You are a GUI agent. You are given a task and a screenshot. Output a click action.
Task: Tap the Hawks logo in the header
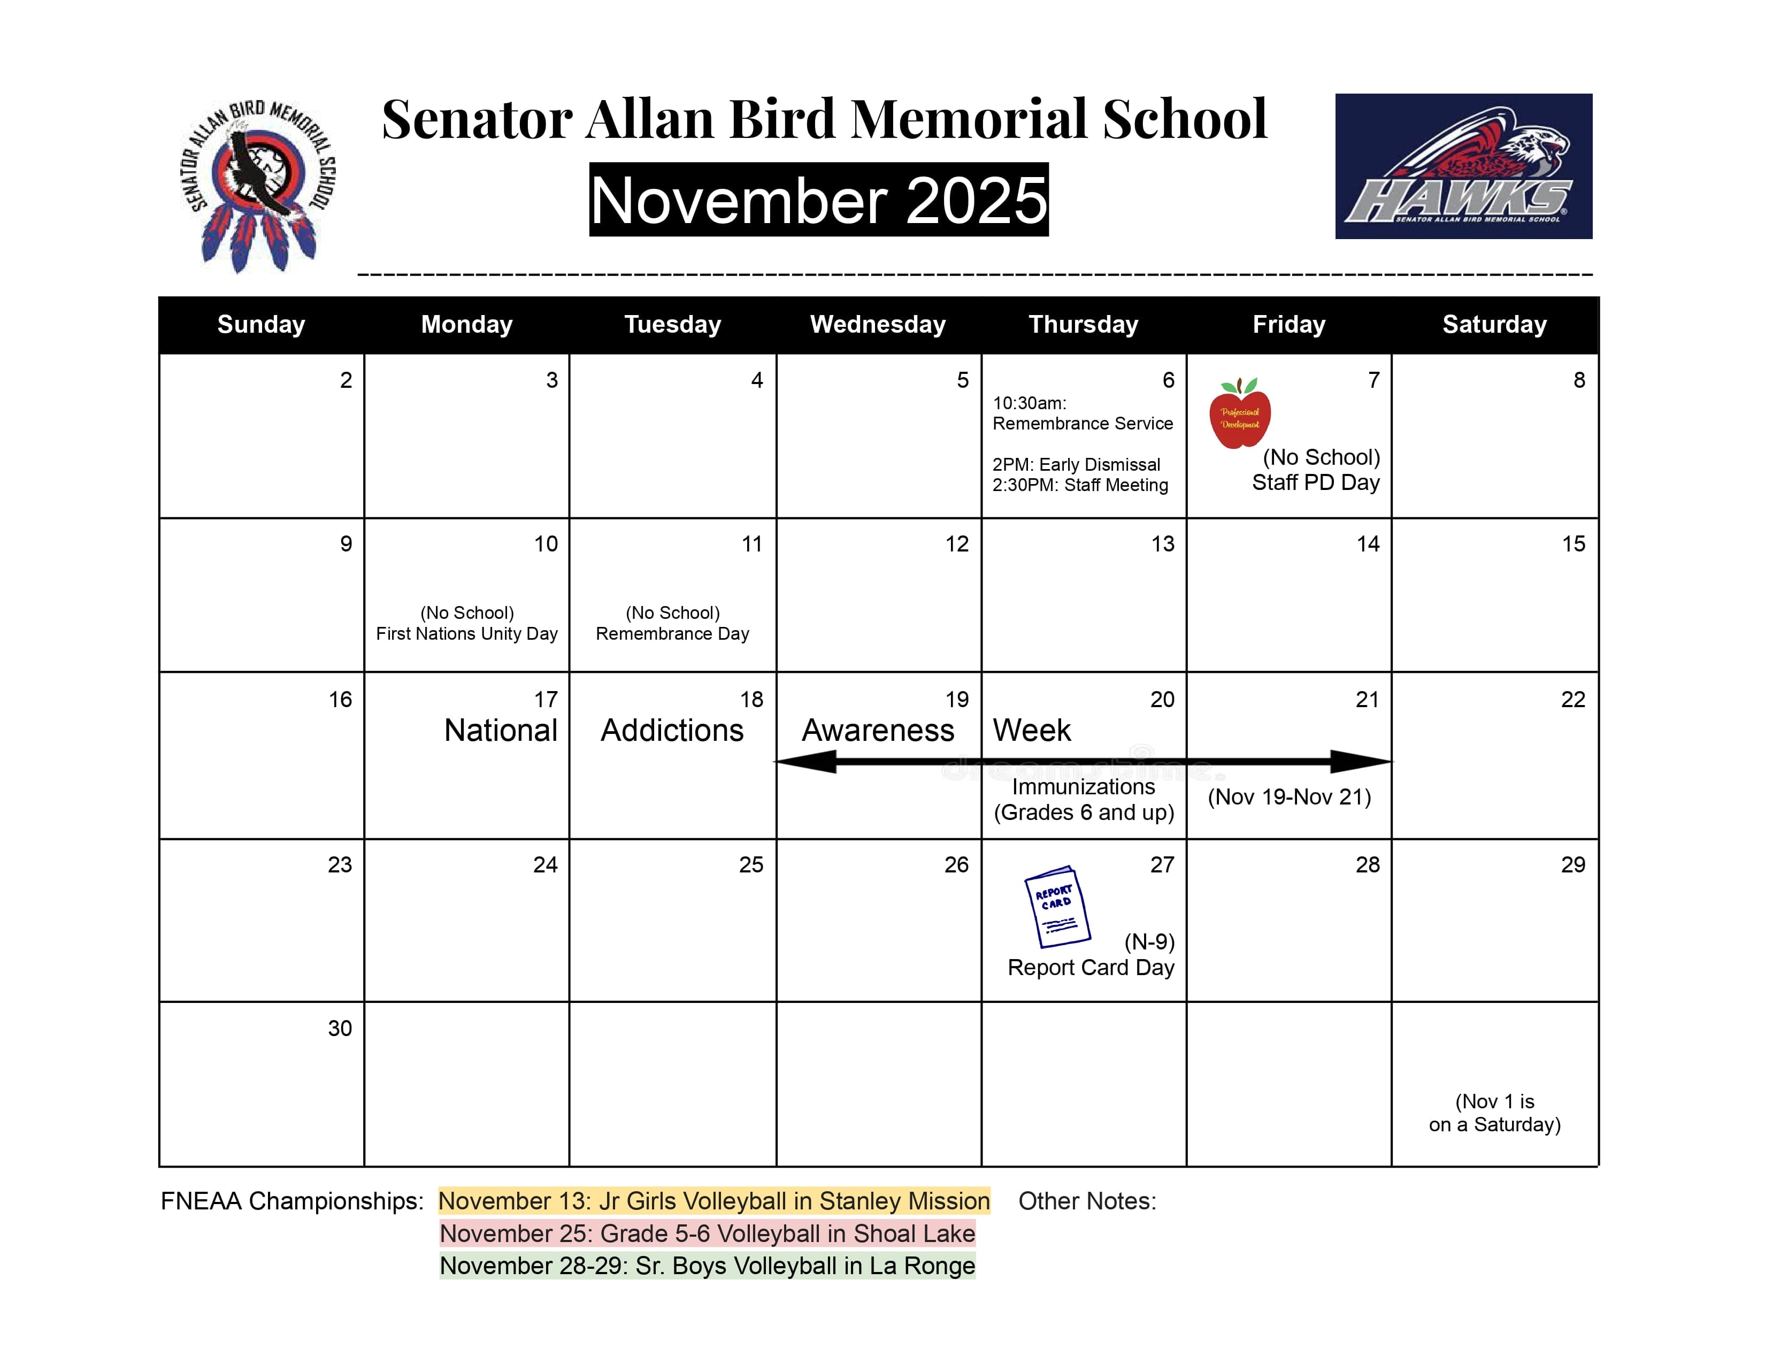(1463, 166)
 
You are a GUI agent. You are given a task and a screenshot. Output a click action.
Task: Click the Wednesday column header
(878, 324)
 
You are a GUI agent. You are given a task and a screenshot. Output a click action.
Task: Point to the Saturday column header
(1494, 324)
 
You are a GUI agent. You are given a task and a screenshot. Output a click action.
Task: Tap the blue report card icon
(1057, 907)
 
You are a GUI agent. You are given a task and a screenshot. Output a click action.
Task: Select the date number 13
(1162, 544)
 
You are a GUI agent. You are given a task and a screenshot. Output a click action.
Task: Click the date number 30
(340, 1028)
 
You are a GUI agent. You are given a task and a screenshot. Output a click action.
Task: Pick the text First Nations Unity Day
(466, 633)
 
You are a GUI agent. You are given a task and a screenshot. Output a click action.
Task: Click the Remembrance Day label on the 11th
(672, 633)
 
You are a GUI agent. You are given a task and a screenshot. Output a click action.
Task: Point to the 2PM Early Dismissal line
(1076, 465)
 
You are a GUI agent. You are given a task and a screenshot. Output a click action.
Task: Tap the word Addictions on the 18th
(672, 731)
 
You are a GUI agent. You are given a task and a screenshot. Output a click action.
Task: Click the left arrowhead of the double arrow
(808, 761)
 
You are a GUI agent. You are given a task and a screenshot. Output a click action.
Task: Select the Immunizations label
(1083, 787)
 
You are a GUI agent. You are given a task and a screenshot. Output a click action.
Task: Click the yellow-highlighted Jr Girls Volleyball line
(713, 1201)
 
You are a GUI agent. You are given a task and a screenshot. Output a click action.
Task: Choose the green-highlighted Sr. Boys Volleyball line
(707, 1266)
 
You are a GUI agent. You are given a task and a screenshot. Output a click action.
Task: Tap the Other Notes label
(1087, 1201)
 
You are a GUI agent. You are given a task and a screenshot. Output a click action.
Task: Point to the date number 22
(1572, 699)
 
